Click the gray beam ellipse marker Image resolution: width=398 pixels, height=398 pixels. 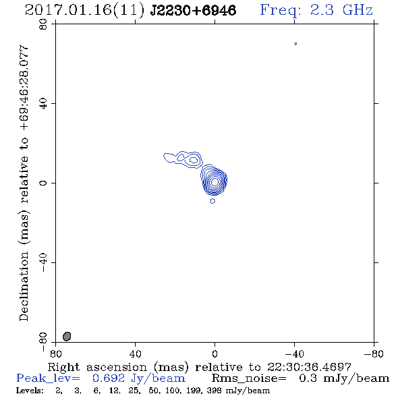coord(67,337)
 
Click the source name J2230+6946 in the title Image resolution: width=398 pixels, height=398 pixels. coord(193,11)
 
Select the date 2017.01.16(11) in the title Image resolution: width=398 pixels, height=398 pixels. coord(85,11)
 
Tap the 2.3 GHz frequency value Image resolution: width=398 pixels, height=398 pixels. coord(341,10)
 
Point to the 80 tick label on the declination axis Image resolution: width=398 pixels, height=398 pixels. coord(43,24)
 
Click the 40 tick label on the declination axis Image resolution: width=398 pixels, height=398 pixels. coord(43,104)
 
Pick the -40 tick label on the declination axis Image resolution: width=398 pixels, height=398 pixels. coord(43,262)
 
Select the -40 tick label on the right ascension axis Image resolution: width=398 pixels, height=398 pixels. coord(294,353)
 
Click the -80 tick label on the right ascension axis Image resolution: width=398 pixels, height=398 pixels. coord(374,353)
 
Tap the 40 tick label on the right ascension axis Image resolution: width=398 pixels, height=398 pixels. coord(136,353)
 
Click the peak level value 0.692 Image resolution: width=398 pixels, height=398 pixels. coord(109,378)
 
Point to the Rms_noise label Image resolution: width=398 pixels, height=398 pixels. coord(249,378)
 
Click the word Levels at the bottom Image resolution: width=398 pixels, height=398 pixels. coord(30,390)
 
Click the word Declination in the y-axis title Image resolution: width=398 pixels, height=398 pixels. coord(24,286)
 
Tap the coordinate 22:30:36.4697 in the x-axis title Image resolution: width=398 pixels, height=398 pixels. coord(309,367)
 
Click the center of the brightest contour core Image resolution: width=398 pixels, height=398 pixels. coord(215,181)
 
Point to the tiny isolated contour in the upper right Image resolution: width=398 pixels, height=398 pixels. coord(295,44)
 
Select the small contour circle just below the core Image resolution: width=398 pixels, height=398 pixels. coord(212,201)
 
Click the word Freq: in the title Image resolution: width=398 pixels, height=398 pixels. coord(281,11)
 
